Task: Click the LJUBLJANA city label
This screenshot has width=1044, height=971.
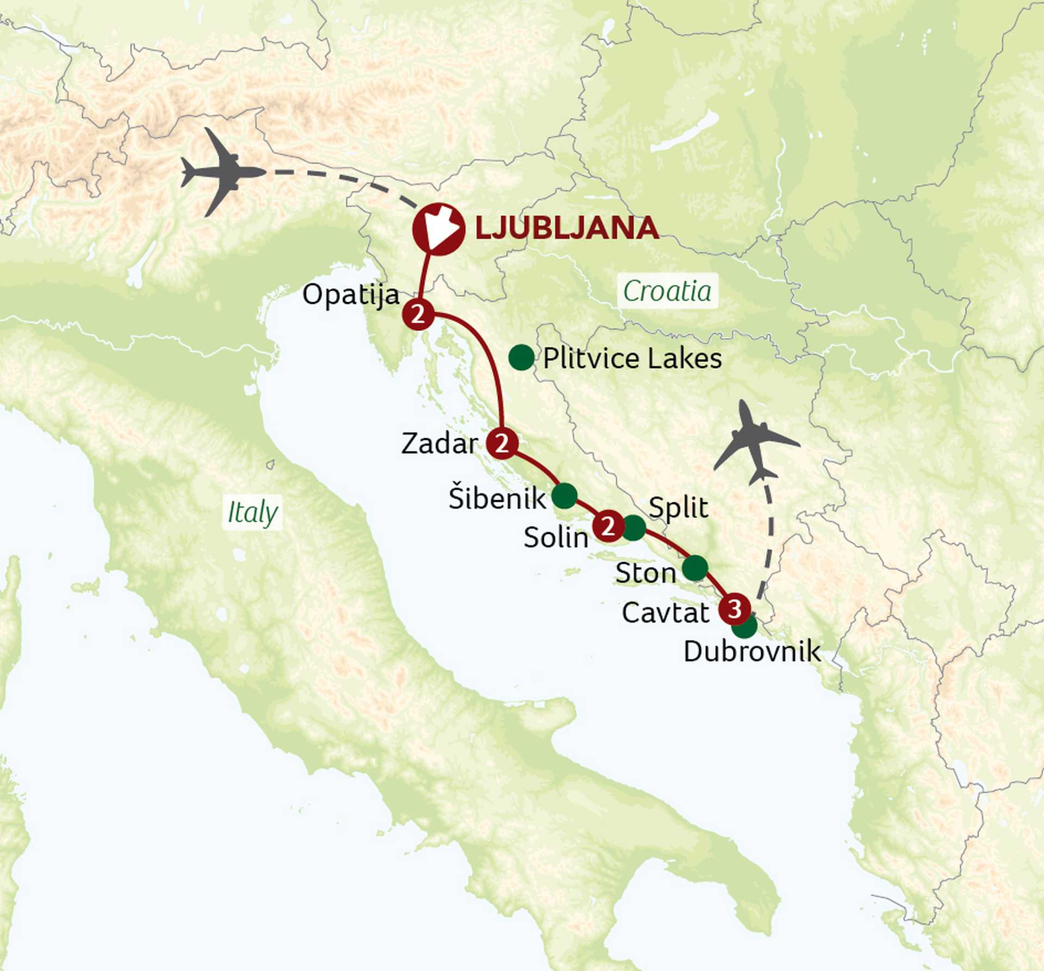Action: tap(567, 228)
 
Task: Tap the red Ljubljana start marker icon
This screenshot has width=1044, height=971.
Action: tap(439, 229)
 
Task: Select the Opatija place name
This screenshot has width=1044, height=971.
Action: tap(351, 295)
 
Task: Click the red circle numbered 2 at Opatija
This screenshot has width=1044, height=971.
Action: tap(418, 314)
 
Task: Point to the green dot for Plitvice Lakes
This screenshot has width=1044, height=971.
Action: tap(521, 358)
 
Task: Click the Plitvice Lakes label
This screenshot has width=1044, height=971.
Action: tap(632, 359)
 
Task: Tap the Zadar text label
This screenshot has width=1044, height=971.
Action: tap(439, 444)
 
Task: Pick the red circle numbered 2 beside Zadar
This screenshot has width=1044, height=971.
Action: tap(501, 443)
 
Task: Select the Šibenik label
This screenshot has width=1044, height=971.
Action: tap(497, 498)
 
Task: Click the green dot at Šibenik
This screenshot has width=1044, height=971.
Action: tap(564, 495)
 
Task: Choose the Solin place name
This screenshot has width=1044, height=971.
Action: tap(556, 538)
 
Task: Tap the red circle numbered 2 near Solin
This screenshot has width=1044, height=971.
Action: tap(607, 526)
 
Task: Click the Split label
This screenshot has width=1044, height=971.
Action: tap(679, 508)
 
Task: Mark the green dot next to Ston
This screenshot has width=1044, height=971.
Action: tap(695, 568)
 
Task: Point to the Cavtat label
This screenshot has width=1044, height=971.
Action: tap(666, 613)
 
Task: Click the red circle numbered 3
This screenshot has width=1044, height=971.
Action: tap(735, 609)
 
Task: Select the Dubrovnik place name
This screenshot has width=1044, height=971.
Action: tap(752, 651)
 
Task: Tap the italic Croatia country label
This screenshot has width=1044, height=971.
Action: tap(667, 291)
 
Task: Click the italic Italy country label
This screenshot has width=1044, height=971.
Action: tap(252, 512)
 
